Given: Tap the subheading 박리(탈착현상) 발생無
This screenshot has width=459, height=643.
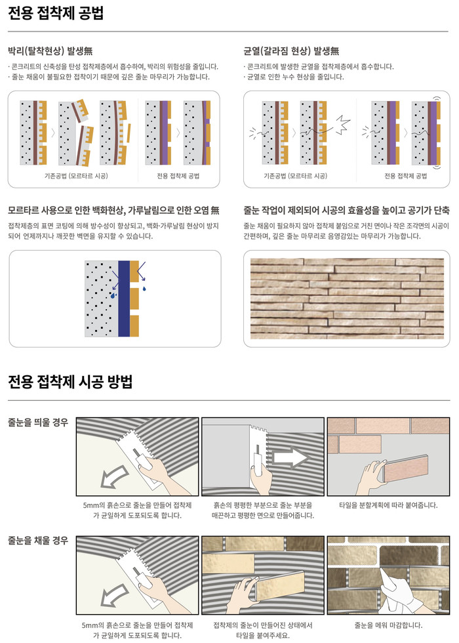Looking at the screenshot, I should point(49,51).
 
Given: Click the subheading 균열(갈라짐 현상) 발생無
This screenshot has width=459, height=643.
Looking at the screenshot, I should point(290,51).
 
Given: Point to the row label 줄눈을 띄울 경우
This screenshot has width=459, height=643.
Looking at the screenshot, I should point(38,423).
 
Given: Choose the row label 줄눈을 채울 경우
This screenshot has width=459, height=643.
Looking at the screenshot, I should point(38,541).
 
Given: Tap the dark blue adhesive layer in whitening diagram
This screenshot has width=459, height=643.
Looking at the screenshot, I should point(123,299).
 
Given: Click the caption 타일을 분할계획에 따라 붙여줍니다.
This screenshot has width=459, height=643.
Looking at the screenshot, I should point(388,505).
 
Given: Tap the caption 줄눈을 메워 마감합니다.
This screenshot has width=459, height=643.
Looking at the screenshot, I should point(388,625).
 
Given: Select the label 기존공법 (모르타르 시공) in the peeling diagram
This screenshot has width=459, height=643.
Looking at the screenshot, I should point(71,176).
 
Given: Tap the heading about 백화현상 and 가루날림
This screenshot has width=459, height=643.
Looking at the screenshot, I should point(113,211).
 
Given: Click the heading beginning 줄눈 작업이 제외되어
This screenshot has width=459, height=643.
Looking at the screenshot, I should point(346,211).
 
